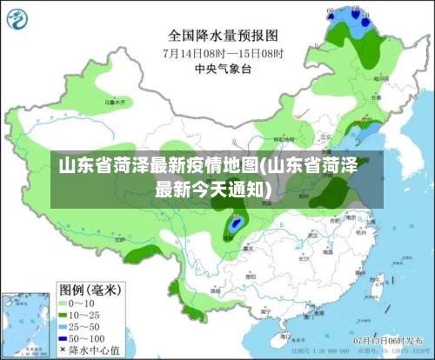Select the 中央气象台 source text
pyautogui.click(x=223, y=67)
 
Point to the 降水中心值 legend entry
pyautogui.click(x=92, y=349)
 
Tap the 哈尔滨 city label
pyautogui.click(x=379, y=78)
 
